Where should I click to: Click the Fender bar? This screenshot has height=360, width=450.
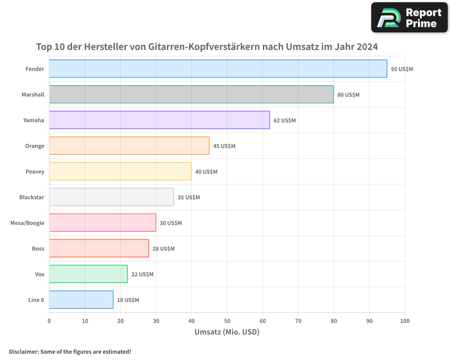pos(218,69)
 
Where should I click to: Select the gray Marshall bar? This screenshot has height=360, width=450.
pos(191,94)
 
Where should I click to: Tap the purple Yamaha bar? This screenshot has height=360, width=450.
pos(159,120)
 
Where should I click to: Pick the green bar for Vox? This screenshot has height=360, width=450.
pos(88,274)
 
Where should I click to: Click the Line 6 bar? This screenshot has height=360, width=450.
pos(81,300)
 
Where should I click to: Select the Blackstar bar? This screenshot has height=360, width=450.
pos(111,197)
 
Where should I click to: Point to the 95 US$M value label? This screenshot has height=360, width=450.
pos(402,69)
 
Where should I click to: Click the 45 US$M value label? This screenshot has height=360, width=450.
pos(224,146)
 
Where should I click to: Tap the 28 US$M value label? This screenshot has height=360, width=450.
pos(163,249)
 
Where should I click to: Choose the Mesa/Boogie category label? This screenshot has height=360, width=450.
pos(27,223)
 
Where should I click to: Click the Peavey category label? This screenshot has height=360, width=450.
pos(35,171)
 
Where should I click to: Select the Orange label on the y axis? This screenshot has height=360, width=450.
pos(35,146)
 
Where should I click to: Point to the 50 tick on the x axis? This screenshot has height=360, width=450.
pos(227,321)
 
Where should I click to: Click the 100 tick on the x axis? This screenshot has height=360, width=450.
pos(405,321)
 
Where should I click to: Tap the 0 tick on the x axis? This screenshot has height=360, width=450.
pos(49,321)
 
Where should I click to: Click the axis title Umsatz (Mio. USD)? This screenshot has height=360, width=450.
pos(227,332)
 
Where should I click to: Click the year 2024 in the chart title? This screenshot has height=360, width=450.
pos(367,47)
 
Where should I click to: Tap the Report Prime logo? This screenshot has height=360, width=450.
pos(409,18)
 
